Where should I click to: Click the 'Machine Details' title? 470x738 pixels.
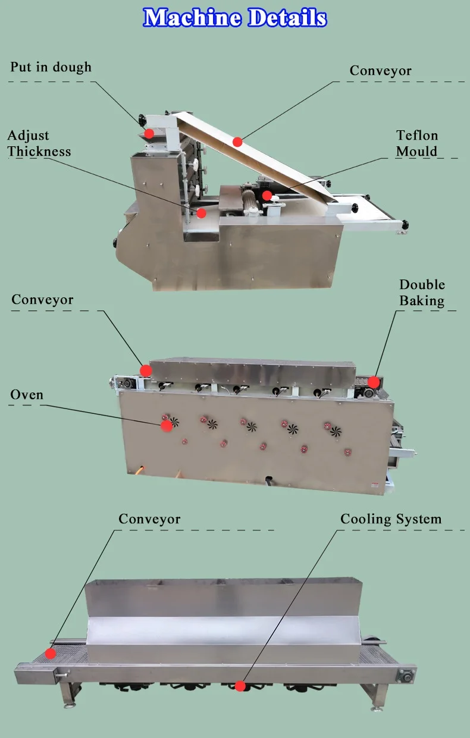(235, 17)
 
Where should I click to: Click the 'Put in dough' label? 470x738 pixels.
(51, 67)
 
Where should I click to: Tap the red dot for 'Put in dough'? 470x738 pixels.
(149, 133)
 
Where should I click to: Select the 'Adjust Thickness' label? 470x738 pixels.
(39, 144)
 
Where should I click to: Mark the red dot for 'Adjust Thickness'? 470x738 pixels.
(202, 213)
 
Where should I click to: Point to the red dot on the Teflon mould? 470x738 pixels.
(267, 195)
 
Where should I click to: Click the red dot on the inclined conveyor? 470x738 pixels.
(237, 142)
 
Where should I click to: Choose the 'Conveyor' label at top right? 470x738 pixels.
(380, 71)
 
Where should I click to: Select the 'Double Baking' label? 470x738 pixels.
(422, 293)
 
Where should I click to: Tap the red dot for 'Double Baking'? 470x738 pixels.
(373, 382)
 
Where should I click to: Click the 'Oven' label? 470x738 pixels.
(27, 395)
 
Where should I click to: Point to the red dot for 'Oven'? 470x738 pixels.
(167, 425)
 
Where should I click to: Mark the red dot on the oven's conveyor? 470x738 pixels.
(145, 370)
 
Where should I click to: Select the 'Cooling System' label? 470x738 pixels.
(391, 519)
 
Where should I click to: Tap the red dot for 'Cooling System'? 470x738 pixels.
(240, 686)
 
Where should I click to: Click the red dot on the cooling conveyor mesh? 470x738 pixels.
(51, 653)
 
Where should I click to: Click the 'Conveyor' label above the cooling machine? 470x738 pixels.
(149, 519)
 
